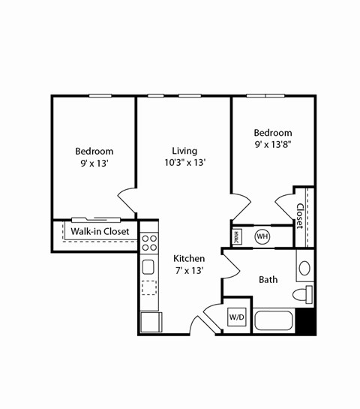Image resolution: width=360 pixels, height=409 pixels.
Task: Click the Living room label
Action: point(184,150)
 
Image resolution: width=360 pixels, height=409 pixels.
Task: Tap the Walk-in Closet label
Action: point(100,231)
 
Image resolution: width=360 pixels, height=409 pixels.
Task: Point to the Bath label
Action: point(268,279)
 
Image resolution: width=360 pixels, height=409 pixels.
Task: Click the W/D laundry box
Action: point(237,317)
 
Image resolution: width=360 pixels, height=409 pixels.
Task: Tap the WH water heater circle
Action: point(262,236)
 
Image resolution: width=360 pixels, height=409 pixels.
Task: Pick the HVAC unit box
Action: point(236,236)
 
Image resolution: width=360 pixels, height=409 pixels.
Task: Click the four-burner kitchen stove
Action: point(149,242)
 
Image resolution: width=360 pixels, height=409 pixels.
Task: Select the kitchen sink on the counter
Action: point(148,266)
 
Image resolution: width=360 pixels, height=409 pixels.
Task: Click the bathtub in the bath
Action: point(273,320)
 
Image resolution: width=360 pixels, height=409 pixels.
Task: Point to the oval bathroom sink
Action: point(305,268)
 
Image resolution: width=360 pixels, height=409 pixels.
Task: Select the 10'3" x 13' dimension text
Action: point(185,162)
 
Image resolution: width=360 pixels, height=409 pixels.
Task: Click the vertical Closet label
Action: point(300,215)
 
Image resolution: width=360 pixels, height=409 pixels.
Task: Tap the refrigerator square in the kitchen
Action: point(150,322)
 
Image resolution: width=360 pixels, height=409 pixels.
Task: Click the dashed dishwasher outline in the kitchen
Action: point(149,287)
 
